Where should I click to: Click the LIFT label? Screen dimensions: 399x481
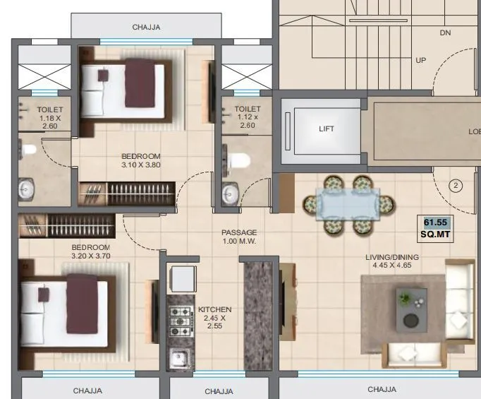pos(327,129)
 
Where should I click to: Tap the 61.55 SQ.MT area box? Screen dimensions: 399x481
pos(436,227)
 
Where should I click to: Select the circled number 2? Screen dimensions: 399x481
pos(456,186)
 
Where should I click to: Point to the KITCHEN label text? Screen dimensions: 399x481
pos(215,309)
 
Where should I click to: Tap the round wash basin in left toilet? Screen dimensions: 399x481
pos(28,189)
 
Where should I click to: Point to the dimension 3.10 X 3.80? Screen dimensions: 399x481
pos(141,165)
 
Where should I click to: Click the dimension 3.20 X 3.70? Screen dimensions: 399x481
pos(90,256)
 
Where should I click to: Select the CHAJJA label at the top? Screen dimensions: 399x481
pos(147,28)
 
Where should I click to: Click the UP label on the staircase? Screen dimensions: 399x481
pos(421,60)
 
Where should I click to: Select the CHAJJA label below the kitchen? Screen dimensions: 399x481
pos(219,391)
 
